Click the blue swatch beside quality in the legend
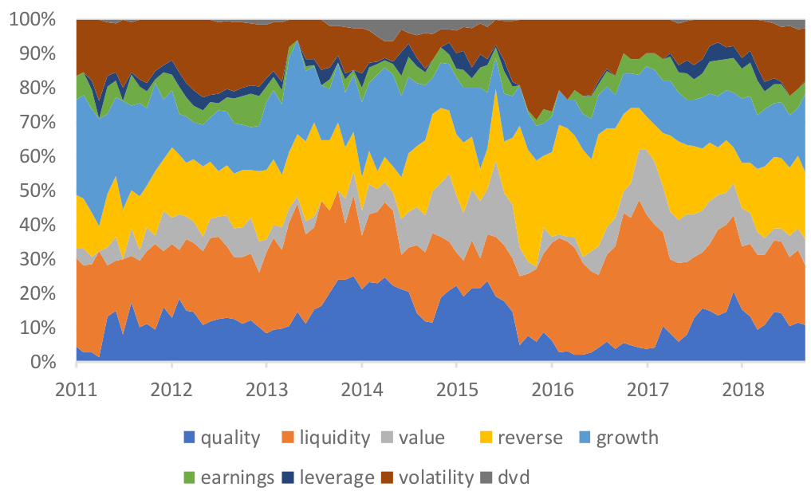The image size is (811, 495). (x=189, y=438)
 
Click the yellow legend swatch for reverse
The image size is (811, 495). (x=486, y=438)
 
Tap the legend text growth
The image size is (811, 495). (x=628, y=438)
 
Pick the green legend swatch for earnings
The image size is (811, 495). (x=189, y=478)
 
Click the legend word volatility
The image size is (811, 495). (x=436, y=478)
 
